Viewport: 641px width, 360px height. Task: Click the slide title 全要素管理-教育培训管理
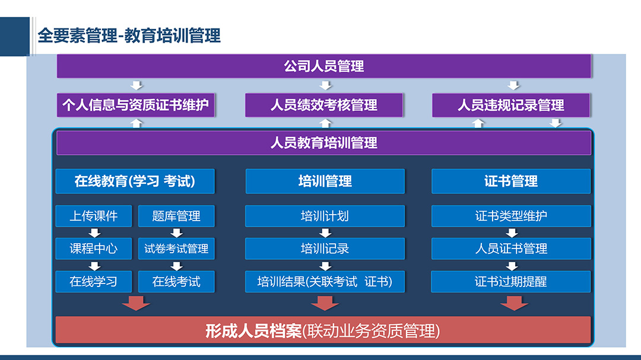[x=129, y=36]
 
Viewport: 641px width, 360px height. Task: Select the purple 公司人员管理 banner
[x=324, y=66]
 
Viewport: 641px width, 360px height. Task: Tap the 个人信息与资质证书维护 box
[x=136, y=105]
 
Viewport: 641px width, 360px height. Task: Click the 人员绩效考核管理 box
[x=324, y=105]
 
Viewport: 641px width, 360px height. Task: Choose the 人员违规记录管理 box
[x=511, y=105]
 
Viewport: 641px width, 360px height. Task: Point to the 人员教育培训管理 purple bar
[x=324, y=143]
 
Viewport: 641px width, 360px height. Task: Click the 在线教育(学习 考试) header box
[x=135, y=181]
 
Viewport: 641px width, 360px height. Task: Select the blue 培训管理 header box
[x=325, y=181]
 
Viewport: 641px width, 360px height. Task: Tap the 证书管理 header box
[x=511, y=181]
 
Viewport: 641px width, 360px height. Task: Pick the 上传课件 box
[x=94, y=216]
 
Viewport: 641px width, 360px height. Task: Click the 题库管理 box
[x=176, y=216]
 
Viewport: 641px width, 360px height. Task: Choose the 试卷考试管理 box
[x=176, y=249]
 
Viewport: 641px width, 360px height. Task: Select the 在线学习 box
[x=94, y=282]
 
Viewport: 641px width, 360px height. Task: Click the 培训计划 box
[x=325, y=216]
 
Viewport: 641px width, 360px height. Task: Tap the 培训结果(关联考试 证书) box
[x=325, y=282]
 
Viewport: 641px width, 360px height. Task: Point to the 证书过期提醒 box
[x=511, y=282]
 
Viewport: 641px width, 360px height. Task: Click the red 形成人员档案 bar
[x=323, y=330]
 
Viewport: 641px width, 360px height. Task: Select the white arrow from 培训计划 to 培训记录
[x=325, y=232]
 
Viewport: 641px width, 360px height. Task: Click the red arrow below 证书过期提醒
[x=514, y=303]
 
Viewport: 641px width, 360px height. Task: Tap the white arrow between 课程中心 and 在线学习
[x=94, y=266]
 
